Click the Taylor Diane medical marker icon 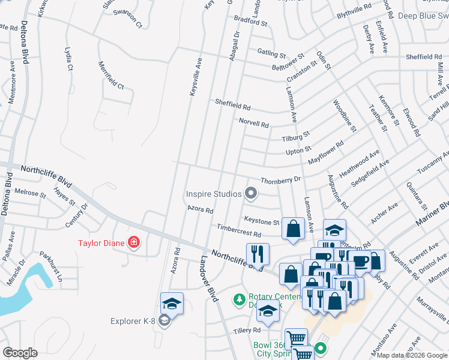click(x=134, y=242)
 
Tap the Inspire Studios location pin click(x=252, y=193)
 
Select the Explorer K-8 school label click(x=133, y=321)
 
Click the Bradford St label click(x=250, y=22)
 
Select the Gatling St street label click(x=273, y=53)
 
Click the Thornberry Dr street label click(x=280, y=180)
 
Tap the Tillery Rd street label click(x=248, y=330)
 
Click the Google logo click(x=20, y=353)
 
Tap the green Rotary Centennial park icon click(x=240, y=298)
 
